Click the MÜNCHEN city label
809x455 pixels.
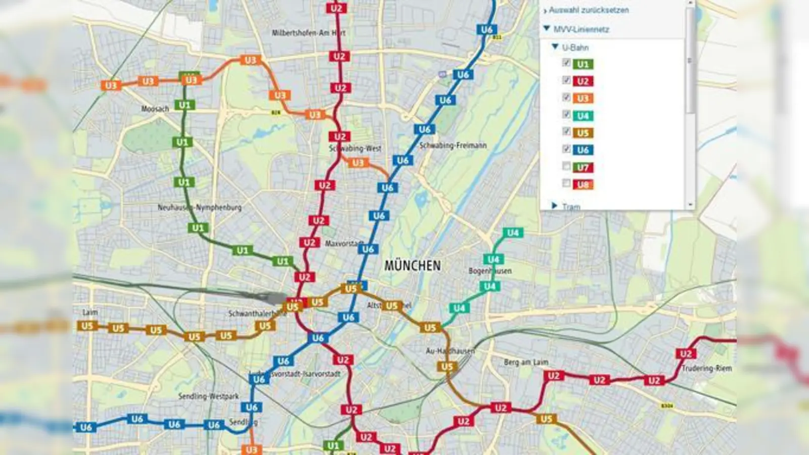[412, 265]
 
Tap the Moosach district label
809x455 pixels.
[155, 109]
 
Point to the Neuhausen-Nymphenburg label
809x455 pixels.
[199, 207]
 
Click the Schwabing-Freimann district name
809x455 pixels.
[453, 146]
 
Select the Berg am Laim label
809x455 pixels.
[526, 362]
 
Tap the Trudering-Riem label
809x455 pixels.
[706, 368]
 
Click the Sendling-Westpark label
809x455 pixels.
[208, 396]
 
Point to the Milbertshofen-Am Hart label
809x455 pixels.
[308, 33]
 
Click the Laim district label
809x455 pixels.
[90, 312]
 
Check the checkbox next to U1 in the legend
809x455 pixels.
[566, 63]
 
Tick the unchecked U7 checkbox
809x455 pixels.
[566, 166]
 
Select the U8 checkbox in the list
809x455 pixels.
[566, 184]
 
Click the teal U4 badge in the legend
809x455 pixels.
[582, 116]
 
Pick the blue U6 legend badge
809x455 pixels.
[582, 150]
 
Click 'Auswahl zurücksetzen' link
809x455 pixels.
[589, 10]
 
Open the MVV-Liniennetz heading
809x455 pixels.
[581, 29]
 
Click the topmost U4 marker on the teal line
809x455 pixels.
[513, 233]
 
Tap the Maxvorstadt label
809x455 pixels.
[344, 244]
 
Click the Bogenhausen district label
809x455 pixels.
[489, 271]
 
